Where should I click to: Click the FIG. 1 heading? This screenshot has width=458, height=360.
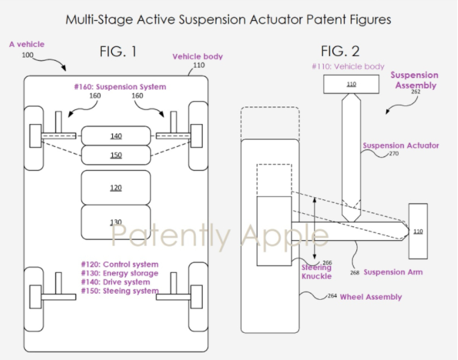point(118,51)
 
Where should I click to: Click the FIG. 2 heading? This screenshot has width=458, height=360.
point(340,51)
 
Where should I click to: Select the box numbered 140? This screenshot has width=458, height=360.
point(116,136)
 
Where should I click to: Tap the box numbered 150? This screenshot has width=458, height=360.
point(116,155)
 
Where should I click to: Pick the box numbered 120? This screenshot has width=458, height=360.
point(116,188)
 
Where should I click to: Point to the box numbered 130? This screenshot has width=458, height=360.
point(116,222)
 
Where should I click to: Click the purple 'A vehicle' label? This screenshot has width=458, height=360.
point(27,44)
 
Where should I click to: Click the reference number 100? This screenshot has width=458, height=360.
point(28,55)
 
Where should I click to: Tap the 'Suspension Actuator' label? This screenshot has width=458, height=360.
point(401,145)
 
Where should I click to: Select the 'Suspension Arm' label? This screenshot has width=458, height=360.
point(393,272)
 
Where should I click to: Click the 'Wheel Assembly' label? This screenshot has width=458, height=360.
point(371,297)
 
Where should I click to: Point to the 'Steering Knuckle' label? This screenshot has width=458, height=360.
point(317,272)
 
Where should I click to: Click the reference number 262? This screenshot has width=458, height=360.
point(415,92)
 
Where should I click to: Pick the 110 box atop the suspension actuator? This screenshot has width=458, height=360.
point(351,84)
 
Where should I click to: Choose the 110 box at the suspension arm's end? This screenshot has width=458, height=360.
point(418,231)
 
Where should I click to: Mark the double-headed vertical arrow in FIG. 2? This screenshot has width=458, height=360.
point(315,228)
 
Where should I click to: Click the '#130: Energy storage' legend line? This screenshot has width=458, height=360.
point(120,273)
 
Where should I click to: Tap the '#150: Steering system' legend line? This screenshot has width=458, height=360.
point(120,291)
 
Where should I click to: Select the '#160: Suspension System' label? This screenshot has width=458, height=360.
point(120,87)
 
